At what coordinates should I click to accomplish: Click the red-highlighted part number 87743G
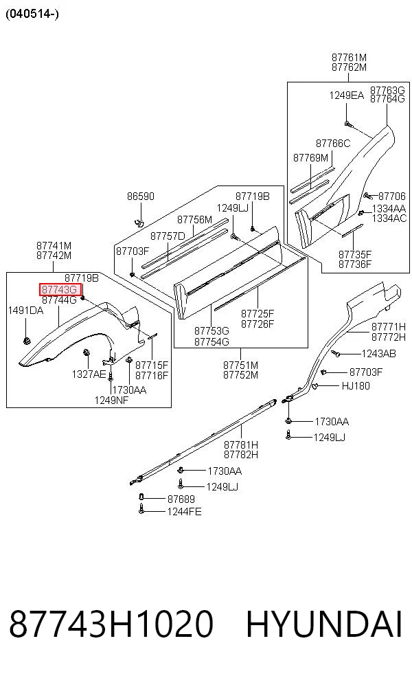click(x=60, y=290)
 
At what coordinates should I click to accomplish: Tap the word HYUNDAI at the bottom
click(x=324, y=624)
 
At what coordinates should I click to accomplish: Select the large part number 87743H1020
click(x=111, y=624)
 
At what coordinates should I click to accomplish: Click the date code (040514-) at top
click(x=32, y=14)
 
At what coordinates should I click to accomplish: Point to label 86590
click(x=141, y=196)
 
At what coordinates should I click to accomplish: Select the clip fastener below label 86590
click(x=139, y=223)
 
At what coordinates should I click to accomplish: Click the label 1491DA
click(x=26, y=311)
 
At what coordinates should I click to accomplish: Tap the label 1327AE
click(x=89, y=374)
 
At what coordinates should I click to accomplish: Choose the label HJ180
click(x=356, y=386)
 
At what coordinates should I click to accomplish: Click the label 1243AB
click(x=378, y=354)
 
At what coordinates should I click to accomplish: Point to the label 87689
click(x=181, y=499)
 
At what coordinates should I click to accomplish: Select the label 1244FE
click(x=184, y=512)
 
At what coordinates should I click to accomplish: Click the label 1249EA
click(x=347, y=95)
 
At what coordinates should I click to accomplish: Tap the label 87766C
click(x=333, y=143)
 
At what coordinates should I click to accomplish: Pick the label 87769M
click(x=311, y=158)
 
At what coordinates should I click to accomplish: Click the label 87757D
click(x=168, y=236)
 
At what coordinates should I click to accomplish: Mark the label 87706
click(x=392, y=196)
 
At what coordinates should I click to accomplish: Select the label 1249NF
click(x=112, y=400)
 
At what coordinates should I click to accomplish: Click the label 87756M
click(x=195, y=220)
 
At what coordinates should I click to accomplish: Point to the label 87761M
click(x=349, y=57)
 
